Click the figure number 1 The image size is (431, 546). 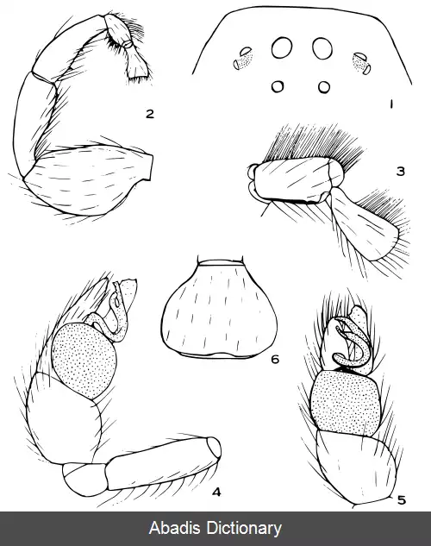[x=391, y=104]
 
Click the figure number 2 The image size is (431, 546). [x=150, y=114]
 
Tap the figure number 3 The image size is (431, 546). [x=401, y=171]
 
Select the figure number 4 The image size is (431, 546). [x=216, y=492]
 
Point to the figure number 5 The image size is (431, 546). [x=402, y=500]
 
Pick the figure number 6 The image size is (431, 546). [x=275, y=359]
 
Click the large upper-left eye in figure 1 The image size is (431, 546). [x=282, y=47]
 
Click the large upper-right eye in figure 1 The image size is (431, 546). [x=322, y=48]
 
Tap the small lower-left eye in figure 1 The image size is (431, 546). [x=278, y=86]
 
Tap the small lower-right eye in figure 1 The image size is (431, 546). [x=324, y=87]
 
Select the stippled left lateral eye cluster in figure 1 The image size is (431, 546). [x=243, y=59]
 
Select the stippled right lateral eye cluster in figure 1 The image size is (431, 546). [x=362, y=63]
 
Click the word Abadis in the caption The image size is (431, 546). [x=175, y=528]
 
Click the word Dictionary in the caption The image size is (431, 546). [x=244, y=529]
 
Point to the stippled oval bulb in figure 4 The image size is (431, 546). [x=84, y=360]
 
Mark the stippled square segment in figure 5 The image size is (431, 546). [x=346, y=403]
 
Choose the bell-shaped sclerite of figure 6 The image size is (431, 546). [x=219, y=310]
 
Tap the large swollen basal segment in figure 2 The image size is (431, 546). [x=89, y=180]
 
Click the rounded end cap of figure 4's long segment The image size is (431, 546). [x=215, y=447]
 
